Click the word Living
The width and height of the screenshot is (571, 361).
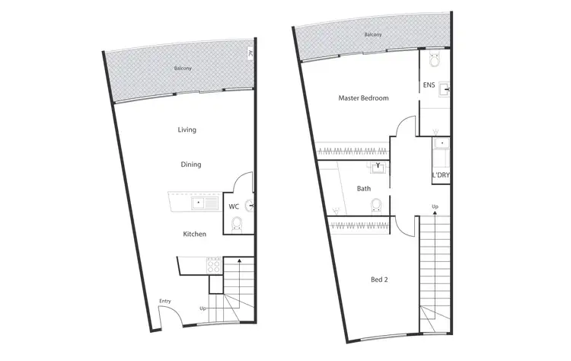click(x=187, y=129)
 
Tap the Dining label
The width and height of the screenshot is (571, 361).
click(x=190, y=164)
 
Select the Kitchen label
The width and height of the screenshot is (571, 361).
click(x=194, y=234)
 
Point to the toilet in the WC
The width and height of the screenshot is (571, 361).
click(x=236, y=222)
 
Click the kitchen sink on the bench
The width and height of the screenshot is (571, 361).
click(x=199, y=203)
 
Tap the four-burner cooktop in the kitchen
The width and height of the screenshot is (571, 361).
click(x=214, y=267)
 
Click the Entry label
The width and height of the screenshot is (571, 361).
click(x=164, y=302)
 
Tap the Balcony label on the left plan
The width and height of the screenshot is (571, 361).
click(x=183, y=69)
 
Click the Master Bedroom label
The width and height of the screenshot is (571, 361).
click(x=364, y=98)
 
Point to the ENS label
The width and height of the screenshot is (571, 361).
click(x=429, y=85)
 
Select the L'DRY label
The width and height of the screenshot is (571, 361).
click(x=440, y=176)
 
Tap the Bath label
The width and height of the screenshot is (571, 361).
click(x=364, y=188)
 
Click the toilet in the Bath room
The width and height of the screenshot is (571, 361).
click(x=375, y=204)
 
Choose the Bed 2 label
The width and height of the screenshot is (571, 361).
click(x=378, y=280)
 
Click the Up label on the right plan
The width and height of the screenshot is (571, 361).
click(x=435, y=207)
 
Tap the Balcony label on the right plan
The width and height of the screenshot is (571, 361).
click(x=372, y=35)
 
